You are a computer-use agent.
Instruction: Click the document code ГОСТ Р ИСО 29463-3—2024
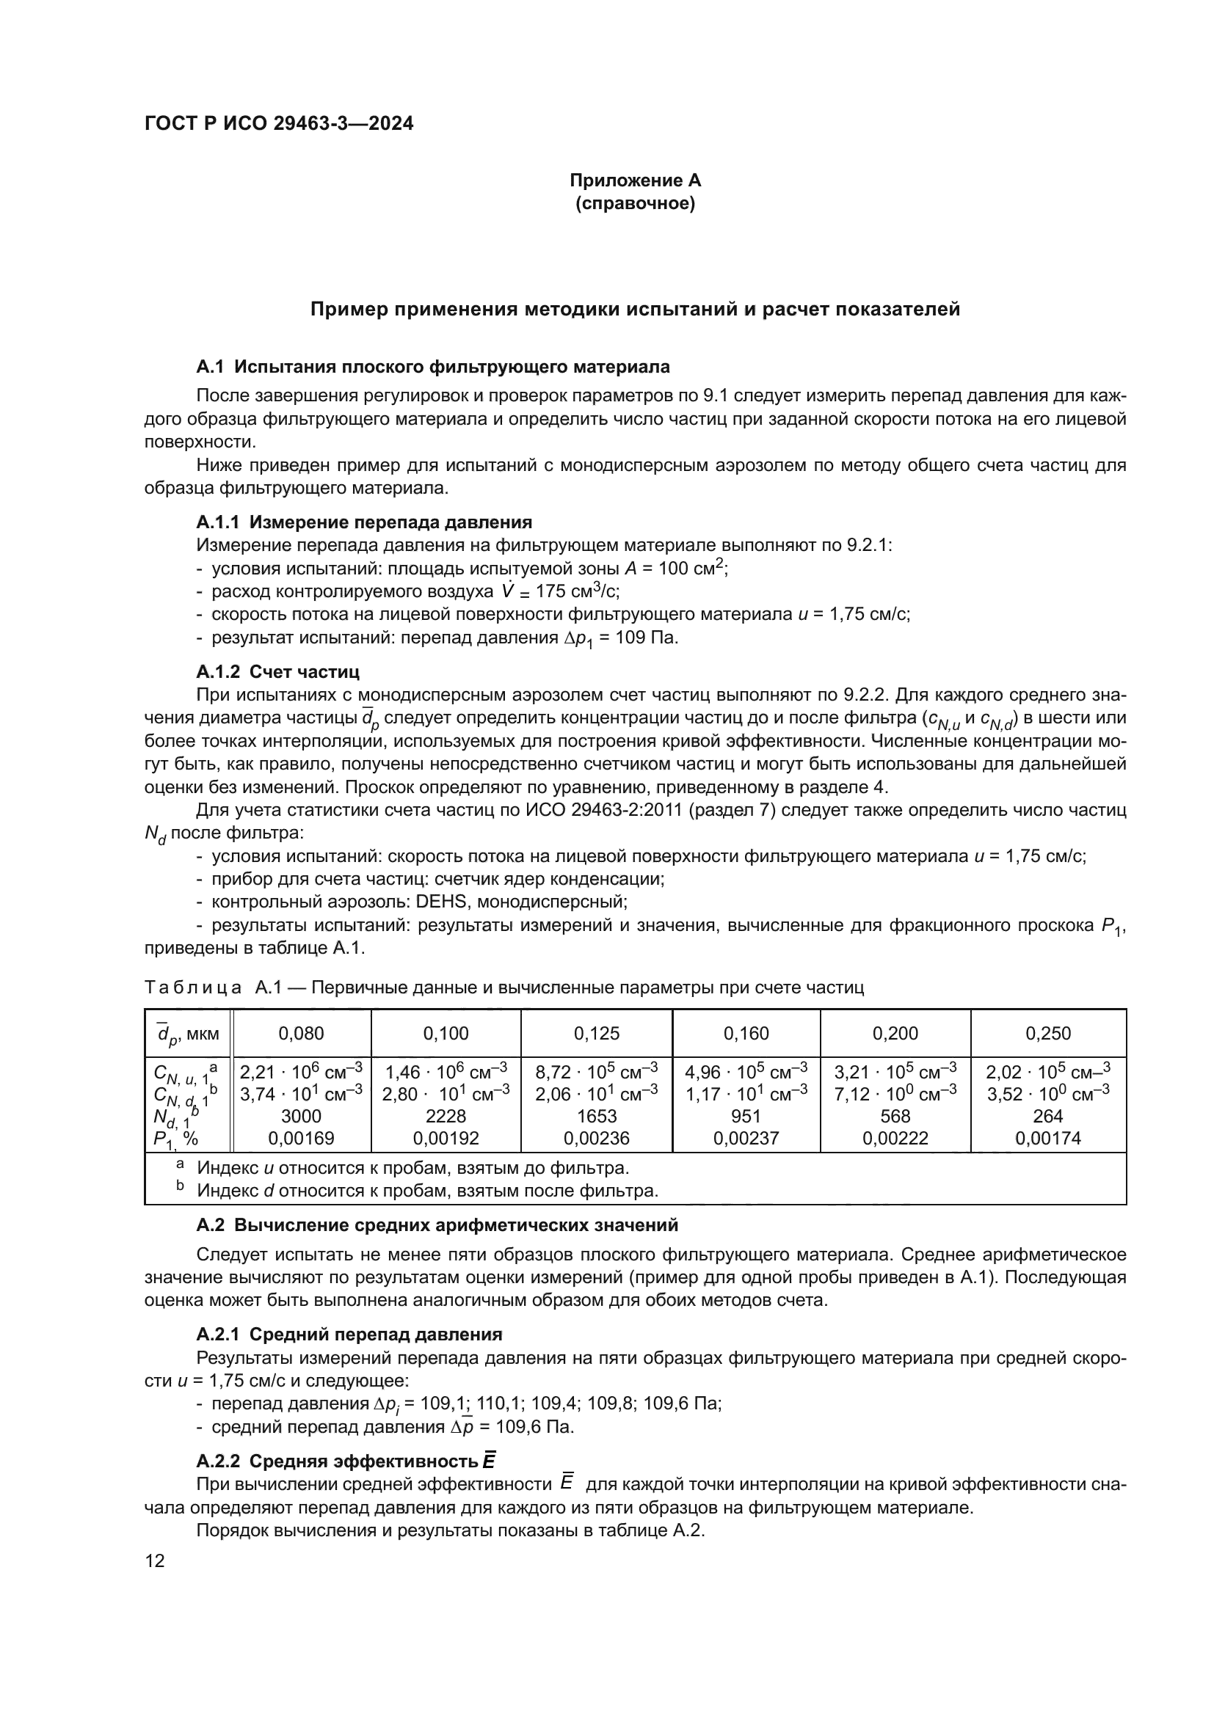tap(278, 124)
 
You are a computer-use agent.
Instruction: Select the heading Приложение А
tap(635, 180)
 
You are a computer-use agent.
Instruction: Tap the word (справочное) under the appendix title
tap(635, 203)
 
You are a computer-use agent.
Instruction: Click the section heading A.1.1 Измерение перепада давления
tap(364, 522)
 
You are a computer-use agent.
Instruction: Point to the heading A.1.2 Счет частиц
tap(277, 671)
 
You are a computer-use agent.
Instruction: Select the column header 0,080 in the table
tap(301, 1033)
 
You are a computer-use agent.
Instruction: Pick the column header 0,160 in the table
tap(746, 1033)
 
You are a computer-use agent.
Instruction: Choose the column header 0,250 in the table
tap(1048, 1033)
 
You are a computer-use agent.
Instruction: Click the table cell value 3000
tap(301, 1116)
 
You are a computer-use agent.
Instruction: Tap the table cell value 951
tap(746, 1116)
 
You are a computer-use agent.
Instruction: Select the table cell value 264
tap(1048, 1116)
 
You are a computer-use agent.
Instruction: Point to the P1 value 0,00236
tap(597, 1139)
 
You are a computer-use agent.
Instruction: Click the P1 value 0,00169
tap(301, 1139)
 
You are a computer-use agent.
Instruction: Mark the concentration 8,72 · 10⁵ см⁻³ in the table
tap(597, 1072)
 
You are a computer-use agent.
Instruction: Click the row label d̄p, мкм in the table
tap(188, 1034)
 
